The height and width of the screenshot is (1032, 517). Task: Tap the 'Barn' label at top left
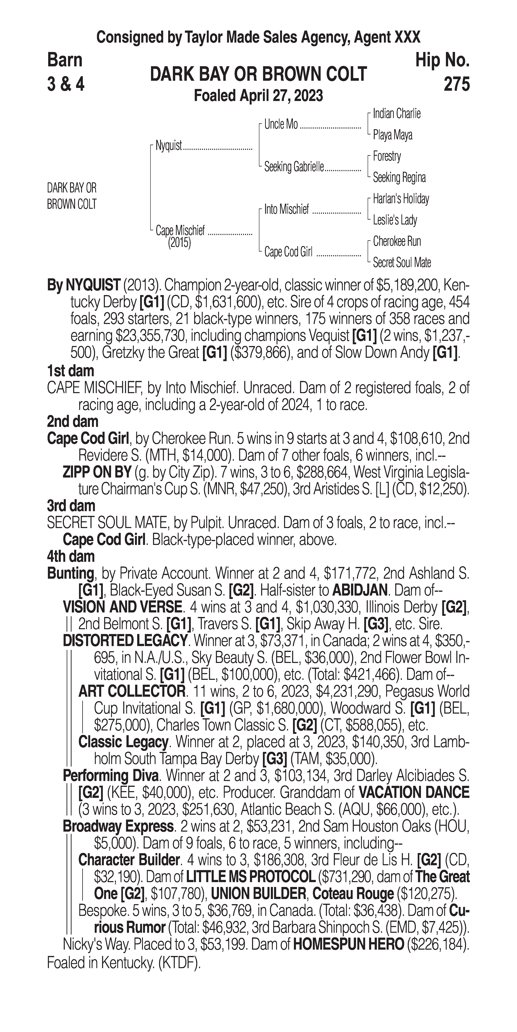(64, 60)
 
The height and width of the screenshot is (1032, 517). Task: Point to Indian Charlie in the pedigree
(396, 114)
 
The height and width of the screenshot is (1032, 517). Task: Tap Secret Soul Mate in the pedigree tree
(402, 263)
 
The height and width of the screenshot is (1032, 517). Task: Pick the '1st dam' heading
(70, 371)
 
